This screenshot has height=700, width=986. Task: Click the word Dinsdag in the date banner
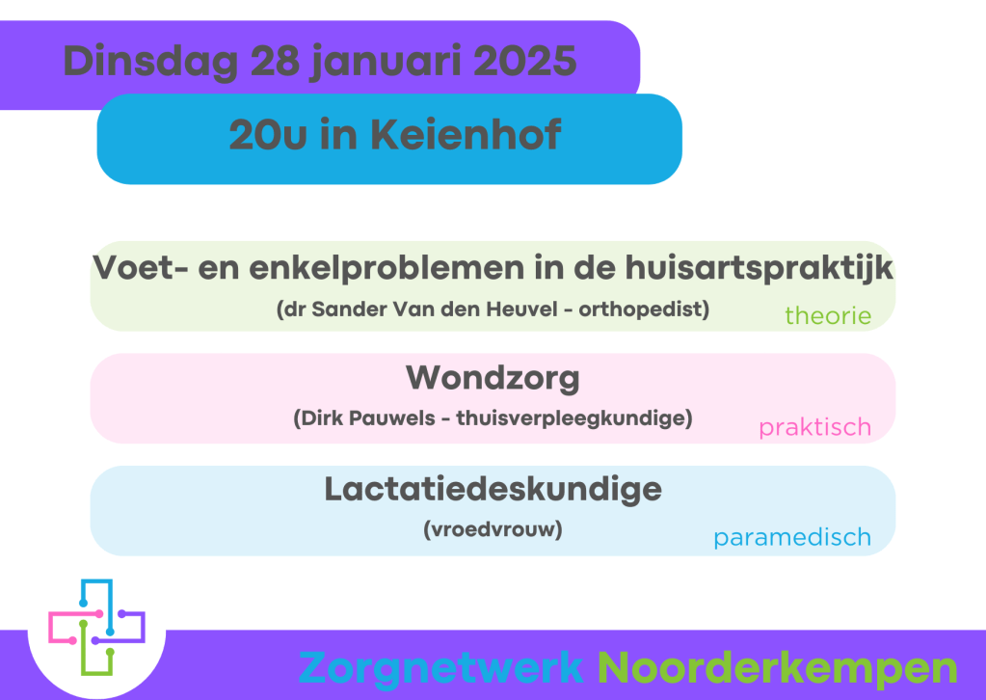pos(151,62)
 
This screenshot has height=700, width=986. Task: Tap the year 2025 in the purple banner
pos(524,61)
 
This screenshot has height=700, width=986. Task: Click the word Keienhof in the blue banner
pos(466,135)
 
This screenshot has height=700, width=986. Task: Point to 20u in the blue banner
pos(268,135)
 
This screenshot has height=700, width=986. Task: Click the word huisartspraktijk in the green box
pos(759,269)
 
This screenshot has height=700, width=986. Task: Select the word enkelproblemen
pos(386,269)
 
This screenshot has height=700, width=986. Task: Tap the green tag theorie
pos(828,315)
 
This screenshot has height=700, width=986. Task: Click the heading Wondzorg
pos(493,379)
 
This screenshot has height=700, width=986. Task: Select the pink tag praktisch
pos(815,428)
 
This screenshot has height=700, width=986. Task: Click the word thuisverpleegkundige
pos(573,418)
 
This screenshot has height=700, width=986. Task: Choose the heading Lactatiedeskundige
pos(493,490)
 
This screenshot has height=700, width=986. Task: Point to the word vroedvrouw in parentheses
pos(493,529)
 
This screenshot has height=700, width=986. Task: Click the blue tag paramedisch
pos(792,538)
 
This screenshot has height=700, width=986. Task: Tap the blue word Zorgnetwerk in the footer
pos(440,668)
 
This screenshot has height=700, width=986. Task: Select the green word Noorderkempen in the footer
pos(777,668)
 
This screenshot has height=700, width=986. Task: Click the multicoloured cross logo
pos(96,627)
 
